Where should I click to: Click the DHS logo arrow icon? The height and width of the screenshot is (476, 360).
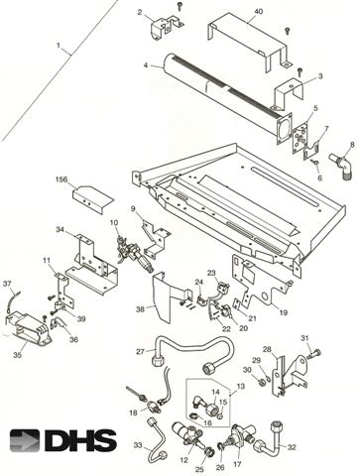coord(25,440)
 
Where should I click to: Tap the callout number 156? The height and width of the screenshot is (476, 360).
coord(61,179)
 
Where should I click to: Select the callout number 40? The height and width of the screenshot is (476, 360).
coord(259,12)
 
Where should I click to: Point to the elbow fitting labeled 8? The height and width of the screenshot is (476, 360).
coord(341,166)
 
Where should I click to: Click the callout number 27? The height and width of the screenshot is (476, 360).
coord(141,351)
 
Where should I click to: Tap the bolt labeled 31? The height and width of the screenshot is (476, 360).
coord(314,354)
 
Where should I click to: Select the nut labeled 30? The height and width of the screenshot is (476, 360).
coord(261,383)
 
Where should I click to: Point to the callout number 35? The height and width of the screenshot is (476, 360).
coord(17,355)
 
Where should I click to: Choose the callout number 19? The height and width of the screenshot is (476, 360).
coord(284,312)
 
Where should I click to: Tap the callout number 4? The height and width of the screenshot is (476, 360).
coord(146,65)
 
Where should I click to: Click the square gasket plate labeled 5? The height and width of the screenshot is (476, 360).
coord(300,138)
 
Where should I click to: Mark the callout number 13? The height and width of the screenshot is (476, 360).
coord(241,386)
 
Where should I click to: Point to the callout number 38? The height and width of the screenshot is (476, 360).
coord(140,309)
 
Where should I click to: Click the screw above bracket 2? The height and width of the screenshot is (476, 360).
coord(180,5)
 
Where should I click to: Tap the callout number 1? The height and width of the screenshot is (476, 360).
coord(59,46)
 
